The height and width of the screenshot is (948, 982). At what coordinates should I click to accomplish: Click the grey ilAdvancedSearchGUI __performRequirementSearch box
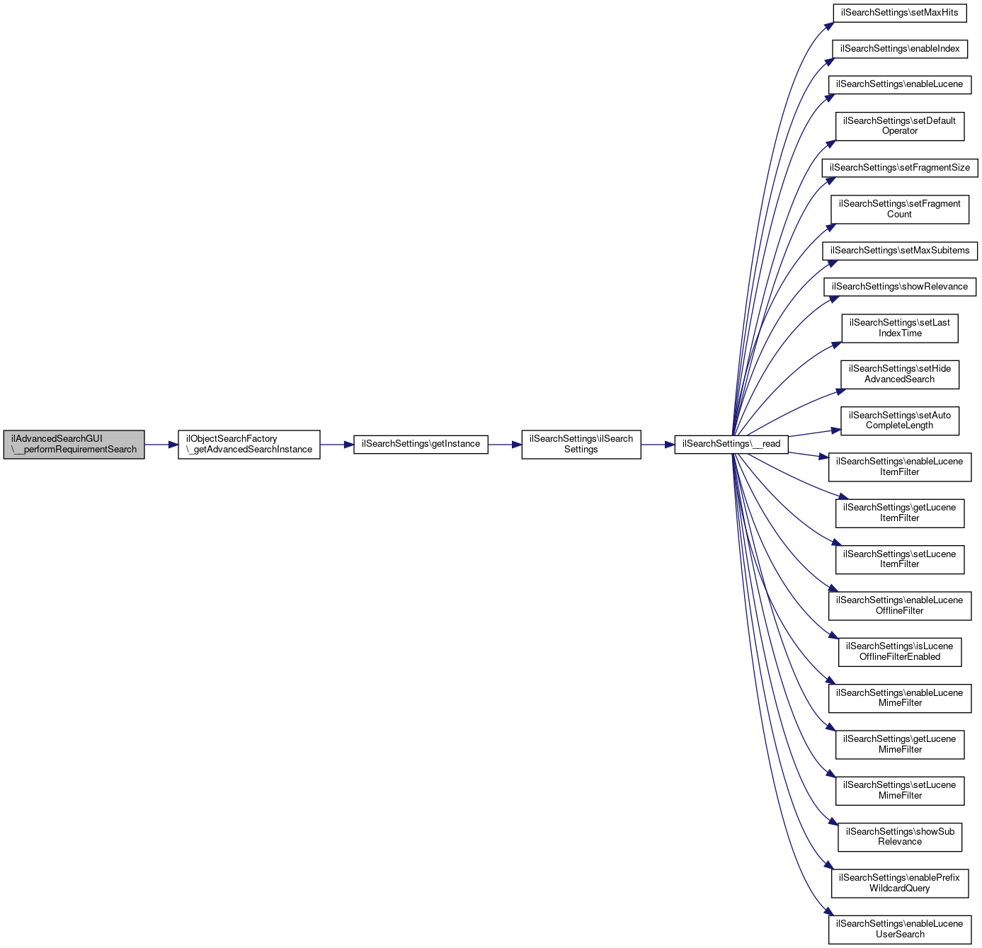pos(74,445)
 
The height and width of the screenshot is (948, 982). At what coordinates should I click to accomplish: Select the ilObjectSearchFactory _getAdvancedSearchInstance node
pos(249,445)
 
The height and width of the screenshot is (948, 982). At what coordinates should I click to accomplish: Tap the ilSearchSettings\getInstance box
pos(421,444)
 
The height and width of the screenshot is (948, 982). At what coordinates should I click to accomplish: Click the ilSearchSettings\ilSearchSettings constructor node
pos(581,445)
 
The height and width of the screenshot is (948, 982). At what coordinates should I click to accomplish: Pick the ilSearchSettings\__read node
pos(731,444)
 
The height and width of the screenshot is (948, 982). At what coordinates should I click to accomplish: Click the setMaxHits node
pos(899,13)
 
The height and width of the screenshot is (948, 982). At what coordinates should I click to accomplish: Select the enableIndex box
pos(899,49)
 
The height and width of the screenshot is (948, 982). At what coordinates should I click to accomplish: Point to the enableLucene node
pos(899,84)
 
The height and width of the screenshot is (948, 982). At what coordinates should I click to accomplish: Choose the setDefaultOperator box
pos(899,126)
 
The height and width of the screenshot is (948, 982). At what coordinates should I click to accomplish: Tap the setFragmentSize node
pos(899,168)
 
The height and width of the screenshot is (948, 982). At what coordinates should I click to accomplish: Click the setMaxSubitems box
pos(899,251)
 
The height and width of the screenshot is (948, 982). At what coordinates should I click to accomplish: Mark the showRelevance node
pos(899,287)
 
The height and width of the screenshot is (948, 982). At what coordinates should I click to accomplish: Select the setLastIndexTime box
pos(899,328)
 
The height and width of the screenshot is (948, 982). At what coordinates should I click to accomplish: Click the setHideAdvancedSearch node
pos(899,374)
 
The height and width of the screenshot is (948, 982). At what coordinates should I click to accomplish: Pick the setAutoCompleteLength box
pos(899,421)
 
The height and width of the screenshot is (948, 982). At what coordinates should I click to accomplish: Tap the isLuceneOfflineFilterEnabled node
pos(899,651)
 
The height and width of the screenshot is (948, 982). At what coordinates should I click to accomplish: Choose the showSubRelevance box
pos(899,837)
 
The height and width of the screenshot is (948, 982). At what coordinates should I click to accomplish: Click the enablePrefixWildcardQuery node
pos(899,883)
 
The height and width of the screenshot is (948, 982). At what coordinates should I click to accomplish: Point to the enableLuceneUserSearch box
pos(899,929)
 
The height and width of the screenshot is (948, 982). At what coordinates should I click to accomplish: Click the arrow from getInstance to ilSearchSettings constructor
pos(505,445)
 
